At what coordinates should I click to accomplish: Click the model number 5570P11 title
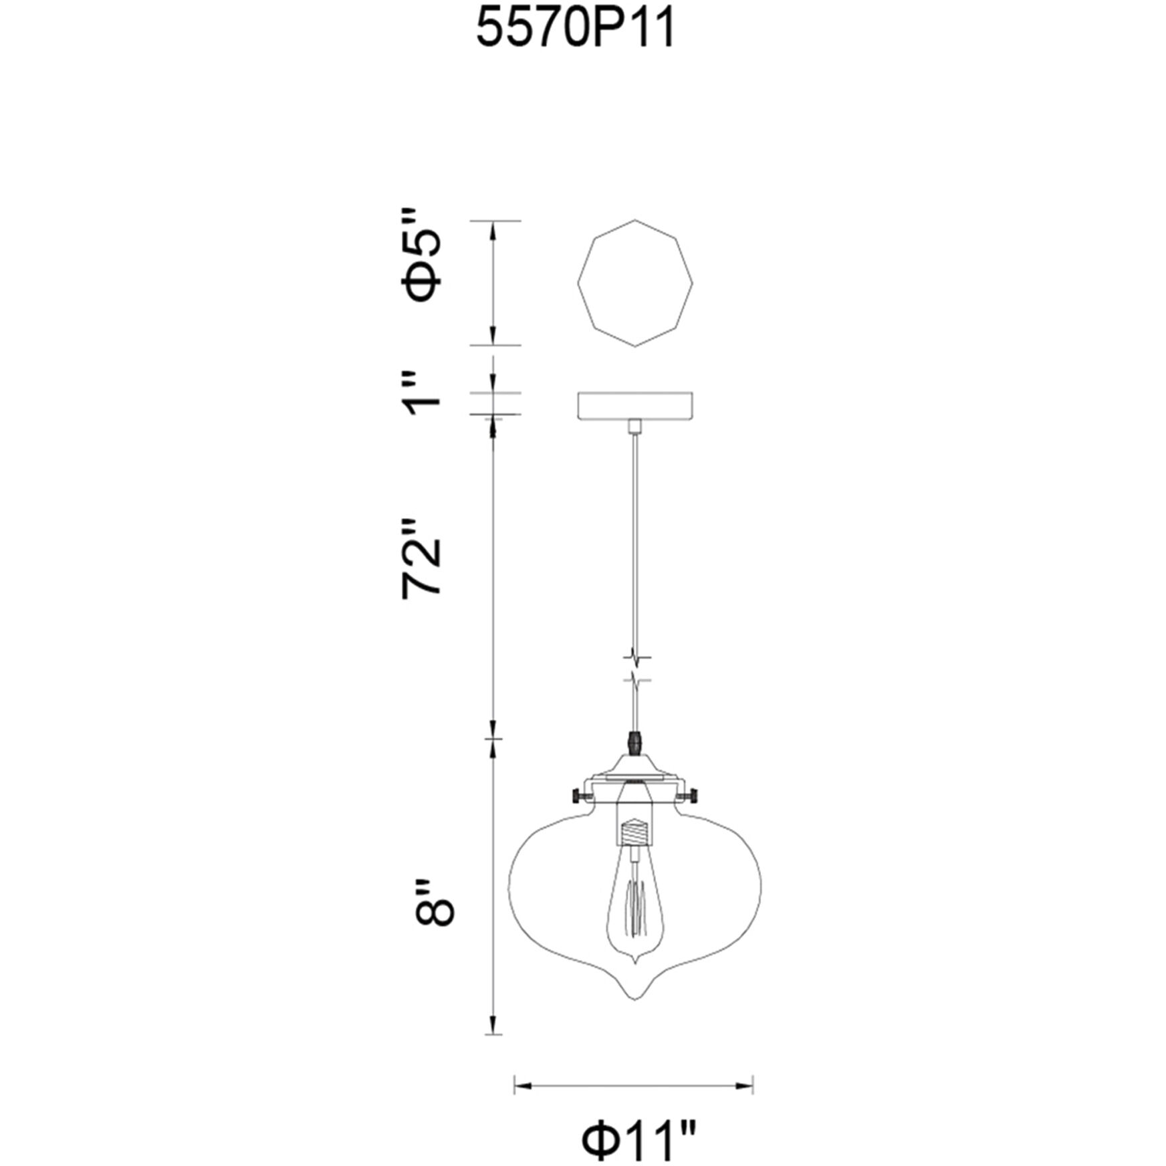[x=576, y=29]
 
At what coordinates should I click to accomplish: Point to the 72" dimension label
[x=422, y=559]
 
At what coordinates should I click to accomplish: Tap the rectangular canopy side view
[x=635, y=406]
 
